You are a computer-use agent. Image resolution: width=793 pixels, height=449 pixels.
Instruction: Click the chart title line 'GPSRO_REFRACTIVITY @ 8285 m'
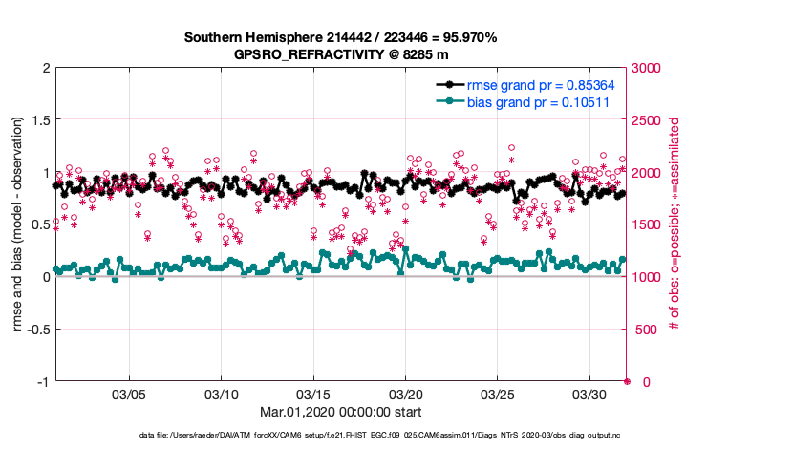pyautogui.click(x=341, y=54)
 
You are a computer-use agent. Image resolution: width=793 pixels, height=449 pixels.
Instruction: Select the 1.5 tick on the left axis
pyautogui.click(x=40, y=120)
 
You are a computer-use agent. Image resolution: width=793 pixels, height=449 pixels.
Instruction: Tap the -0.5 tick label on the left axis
pyautogui.click(x=37, y=330)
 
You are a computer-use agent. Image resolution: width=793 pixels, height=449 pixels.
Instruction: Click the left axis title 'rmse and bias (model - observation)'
pyautogui.click(x=18, y=224)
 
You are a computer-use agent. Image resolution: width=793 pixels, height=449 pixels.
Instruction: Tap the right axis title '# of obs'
pyautogui.click(x=675, y=224)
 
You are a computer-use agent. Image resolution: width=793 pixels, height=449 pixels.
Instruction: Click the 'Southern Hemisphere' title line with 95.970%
pyautogui.click(x=341, y=38)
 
